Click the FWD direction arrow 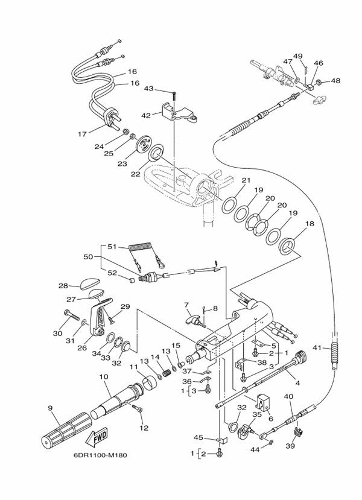point(98,438)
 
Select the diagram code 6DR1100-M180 point(100,455)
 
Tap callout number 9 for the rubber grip point(49,408)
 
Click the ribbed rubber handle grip point(67,429)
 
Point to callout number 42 point(146,115)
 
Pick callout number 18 point(310,224)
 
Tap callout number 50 point(88,256)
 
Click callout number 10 point(103,376)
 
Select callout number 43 point(148,88)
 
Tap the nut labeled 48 point(318,82)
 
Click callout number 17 point(82,134)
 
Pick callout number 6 point(270,419)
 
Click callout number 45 point(198,437)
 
